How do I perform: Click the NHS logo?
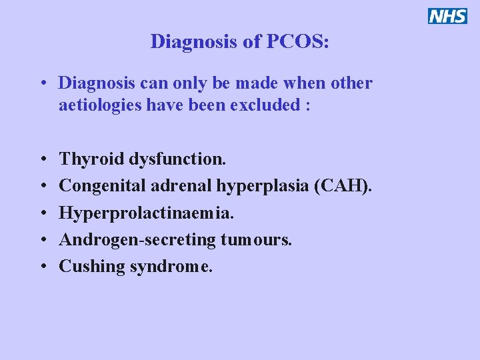tap(447, 16)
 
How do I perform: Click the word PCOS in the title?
tap(297, 41)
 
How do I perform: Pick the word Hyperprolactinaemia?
tap(147, 213)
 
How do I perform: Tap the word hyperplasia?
tap(262, 186)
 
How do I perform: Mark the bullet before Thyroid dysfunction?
tap(42, 160)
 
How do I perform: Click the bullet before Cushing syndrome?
tap(42, 267)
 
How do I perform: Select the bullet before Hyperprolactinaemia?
tap(42, 213)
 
